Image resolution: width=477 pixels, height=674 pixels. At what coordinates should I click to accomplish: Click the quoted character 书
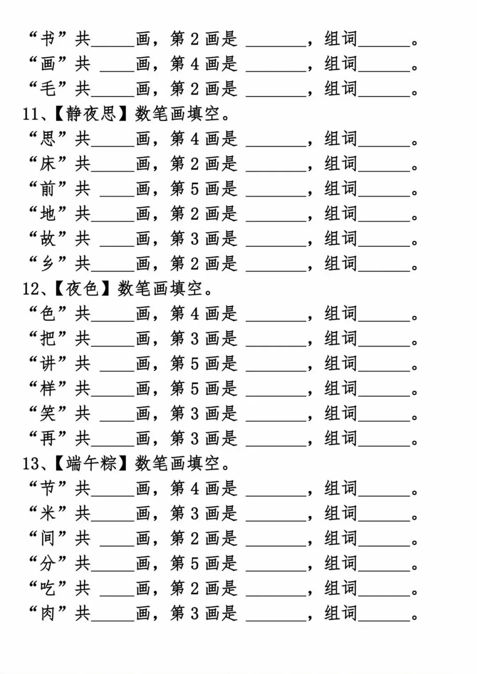48,39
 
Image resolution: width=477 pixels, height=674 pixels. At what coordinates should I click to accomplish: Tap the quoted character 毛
48,89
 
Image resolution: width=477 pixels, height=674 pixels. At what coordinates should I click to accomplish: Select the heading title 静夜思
91,114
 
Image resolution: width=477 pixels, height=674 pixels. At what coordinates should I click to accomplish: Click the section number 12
31,289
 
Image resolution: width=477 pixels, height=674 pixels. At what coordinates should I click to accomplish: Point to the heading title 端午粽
91,463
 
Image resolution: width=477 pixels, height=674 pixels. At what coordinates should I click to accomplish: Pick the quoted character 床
48,164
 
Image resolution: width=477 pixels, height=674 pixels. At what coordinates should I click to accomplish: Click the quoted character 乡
48,264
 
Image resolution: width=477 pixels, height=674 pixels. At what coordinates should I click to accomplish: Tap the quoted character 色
48,314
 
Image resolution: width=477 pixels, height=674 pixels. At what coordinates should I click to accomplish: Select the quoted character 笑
48,414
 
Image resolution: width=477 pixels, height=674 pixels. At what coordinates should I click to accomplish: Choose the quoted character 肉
48,613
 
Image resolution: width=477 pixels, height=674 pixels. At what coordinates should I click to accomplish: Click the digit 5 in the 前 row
195,189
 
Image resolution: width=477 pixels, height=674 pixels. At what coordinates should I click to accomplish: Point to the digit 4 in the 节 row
195,489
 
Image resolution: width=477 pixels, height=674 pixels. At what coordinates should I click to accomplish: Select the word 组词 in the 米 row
341,513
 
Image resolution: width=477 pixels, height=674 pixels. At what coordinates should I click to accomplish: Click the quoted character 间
48,538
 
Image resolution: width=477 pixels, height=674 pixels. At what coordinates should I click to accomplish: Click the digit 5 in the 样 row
195,389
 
